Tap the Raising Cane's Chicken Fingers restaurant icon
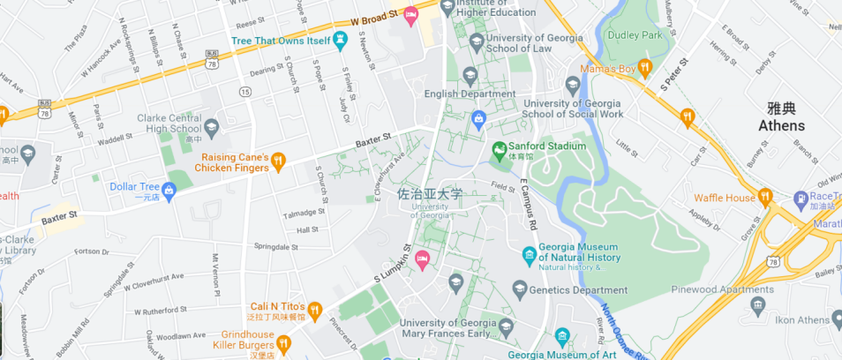[278, 160]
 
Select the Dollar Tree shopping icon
[169, 188]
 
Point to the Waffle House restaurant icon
[765, 198]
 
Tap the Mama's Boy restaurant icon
[644, 67]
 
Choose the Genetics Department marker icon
[520, 289]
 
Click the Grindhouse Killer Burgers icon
[283, 342]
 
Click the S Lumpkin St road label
[393, 265]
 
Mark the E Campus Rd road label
[528, 202]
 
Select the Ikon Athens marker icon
[756, 305]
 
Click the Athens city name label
[781, 125]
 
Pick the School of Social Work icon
[572, 85]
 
